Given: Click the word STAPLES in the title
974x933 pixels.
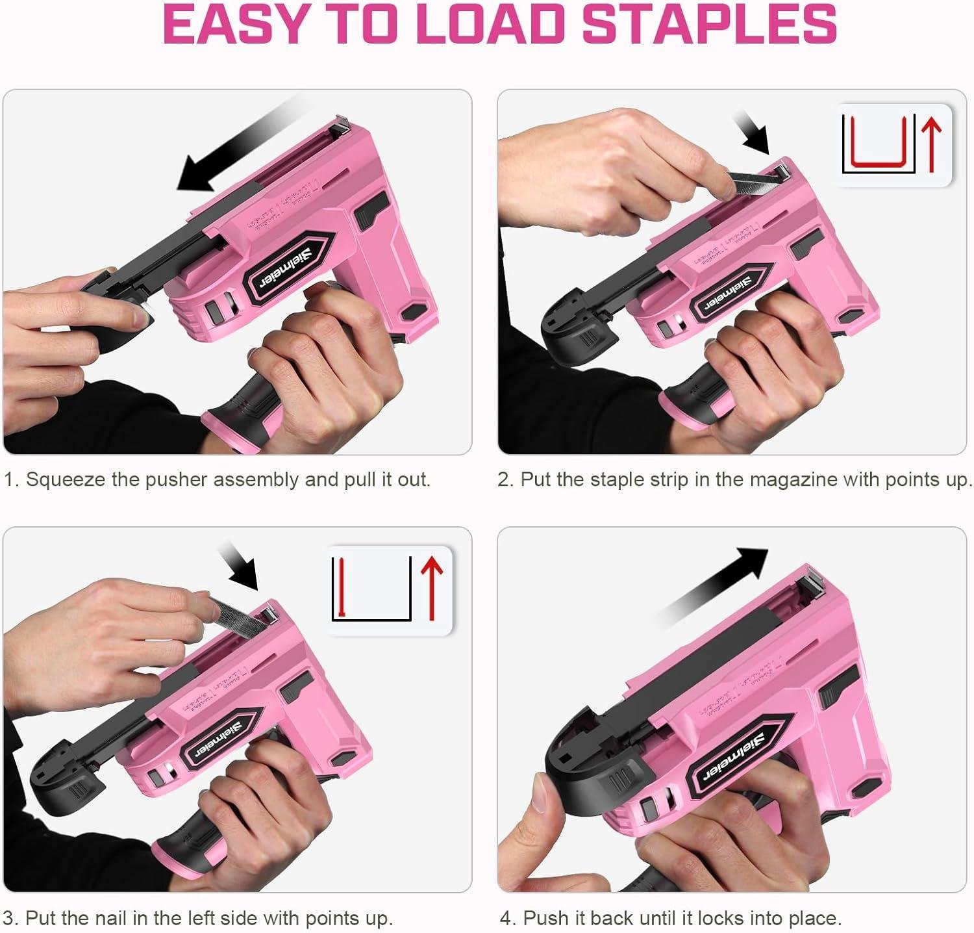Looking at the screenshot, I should (x=708, y=24).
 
